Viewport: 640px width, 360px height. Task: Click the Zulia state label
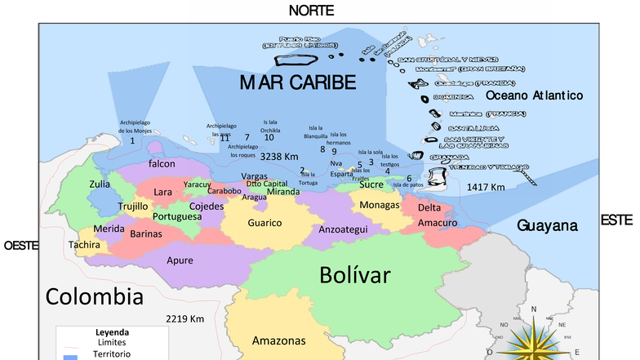[x=100, y=184]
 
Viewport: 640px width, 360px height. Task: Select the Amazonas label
[x=279, y=340]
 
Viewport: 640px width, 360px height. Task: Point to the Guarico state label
[x=264, y=223]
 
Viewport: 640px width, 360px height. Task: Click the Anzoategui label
[x=342, y=230]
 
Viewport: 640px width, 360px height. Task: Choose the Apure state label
[x=180, y=260]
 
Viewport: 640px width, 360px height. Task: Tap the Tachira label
[x=85, y=245]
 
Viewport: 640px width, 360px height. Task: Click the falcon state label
[x=162, y=164]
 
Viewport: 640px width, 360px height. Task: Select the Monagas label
[x=380, y=204]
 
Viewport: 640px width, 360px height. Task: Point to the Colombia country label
[x=88, y=296]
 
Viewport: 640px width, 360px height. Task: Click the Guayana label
[x=547, y=225]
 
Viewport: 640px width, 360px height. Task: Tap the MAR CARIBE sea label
[x=298, y=82]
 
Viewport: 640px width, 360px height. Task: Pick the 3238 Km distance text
[x=279, y=156]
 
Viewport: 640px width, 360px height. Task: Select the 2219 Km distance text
[x=184, y=318]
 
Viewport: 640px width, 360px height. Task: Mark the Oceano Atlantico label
[x=534, y=96]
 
